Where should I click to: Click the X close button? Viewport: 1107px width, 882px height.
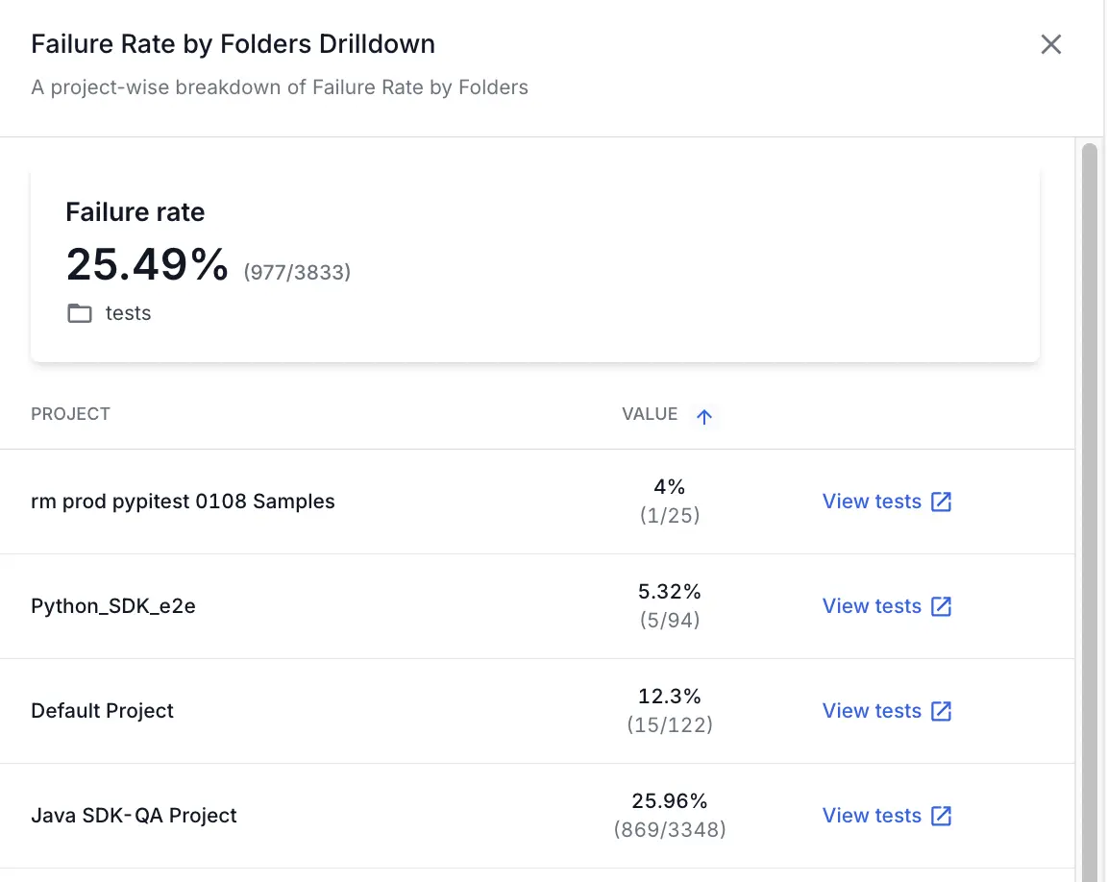click(1051, 44)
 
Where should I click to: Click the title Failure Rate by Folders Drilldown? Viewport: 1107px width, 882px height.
click(233, 44)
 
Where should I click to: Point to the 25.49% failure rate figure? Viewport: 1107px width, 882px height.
click(147, 264)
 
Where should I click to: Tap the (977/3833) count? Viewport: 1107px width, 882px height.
click(297, 273)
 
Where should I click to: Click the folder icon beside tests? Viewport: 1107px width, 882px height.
click(80, 314)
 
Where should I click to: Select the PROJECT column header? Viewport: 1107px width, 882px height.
click(70, 414)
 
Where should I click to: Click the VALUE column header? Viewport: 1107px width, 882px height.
click(650, 414)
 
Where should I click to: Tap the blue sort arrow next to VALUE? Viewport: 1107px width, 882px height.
click(704, 416)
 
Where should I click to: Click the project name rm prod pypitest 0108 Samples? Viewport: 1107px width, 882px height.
click(183, 502)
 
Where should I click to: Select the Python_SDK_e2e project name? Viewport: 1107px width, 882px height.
click(113, 606)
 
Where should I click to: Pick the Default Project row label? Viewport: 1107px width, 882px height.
click(103, 711)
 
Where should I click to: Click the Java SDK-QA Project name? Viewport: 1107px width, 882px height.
click(134, 816)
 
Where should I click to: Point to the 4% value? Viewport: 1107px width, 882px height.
click(670, 487)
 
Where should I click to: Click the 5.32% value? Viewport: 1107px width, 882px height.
click(670, 592)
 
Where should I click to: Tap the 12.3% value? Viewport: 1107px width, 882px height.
click(670, 697)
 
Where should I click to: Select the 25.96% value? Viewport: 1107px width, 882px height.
click(670, 801)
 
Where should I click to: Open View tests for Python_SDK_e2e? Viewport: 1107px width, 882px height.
click(886, 606)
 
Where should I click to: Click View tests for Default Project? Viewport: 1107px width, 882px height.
click(886, 711)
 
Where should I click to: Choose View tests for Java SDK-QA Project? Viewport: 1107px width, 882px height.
click(886, 816)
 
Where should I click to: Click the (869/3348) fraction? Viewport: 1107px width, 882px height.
click(670, 829)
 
